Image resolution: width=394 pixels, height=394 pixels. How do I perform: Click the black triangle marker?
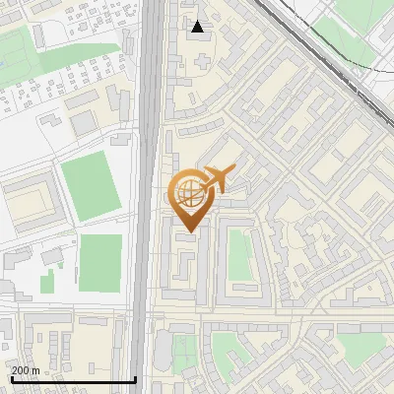(198, 27)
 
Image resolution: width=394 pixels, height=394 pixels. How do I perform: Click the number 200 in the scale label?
(21, 370)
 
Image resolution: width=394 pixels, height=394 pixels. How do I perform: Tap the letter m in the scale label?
(35, 370)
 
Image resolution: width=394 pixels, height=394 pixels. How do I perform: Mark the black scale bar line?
(73, 380)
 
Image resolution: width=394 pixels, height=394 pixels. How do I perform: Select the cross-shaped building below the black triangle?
(202, 61)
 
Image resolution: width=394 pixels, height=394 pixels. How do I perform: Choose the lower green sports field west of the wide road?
(100, 263)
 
